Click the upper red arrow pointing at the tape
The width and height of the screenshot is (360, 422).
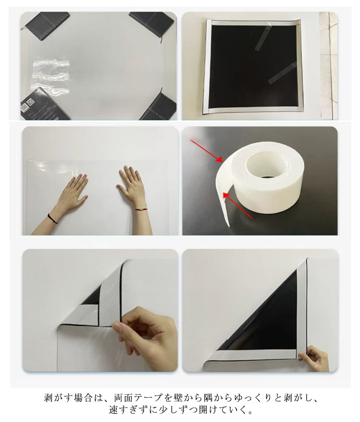(x=207, y=151)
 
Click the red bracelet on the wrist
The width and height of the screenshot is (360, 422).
(x=139, y=209)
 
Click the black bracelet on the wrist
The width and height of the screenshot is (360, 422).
(x=53, y=218)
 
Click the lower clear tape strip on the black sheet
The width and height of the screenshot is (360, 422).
(x=282, y=73)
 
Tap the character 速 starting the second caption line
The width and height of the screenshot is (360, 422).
(x=113, y=410)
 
